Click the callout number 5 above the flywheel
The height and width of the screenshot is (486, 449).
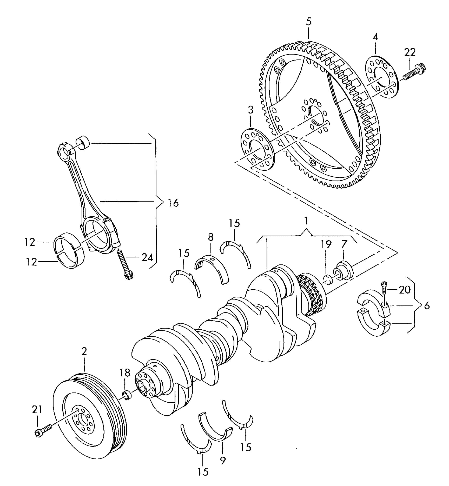308,22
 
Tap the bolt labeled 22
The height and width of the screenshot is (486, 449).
414,72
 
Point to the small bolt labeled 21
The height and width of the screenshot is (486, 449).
43,432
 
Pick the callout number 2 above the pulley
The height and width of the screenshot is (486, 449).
84,351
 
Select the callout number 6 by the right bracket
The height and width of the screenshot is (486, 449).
427,306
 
